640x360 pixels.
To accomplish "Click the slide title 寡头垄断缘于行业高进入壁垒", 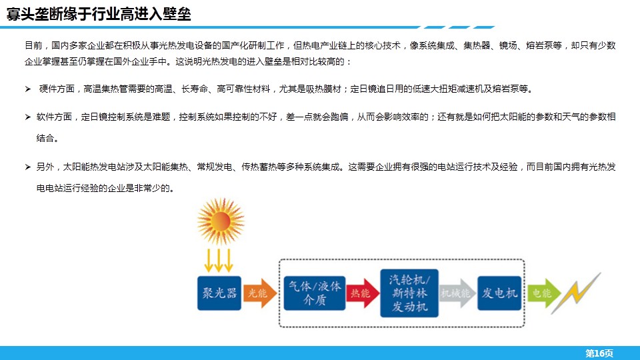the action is (99, 14).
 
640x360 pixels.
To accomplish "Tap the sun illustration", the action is (221, 221).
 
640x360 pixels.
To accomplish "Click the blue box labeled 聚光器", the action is (219, 293).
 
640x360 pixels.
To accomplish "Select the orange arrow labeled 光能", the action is (259, 293).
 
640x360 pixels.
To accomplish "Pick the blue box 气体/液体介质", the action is (314, 293).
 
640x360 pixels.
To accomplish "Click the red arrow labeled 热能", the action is (363, 293).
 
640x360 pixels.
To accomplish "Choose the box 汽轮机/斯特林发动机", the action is (409, 293).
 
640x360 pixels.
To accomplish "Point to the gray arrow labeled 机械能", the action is (457, 293).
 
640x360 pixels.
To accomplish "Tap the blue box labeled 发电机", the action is (499, 293).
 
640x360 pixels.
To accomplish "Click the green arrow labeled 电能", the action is (544, 293).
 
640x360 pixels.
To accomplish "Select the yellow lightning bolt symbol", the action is (576, 293).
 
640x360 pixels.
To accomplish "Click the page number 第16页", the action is (599, 353).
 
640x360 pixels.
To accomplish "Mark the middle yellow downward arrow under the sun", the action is (219, 261).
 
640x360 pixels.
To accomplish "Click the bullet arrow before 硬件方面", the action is (28, 89).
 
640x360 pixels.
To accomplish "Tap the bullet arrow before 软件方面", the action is (28, 117).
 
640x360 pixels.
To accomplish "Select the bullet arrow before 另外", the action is (28, 167).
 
